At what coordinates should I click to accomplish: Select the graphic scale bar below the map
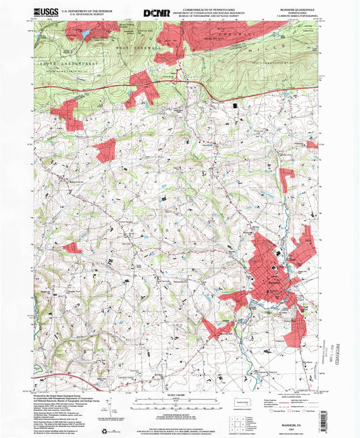tap(180, 401)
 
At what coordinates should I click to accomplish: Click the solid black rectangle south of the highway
tap(236, 105)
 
